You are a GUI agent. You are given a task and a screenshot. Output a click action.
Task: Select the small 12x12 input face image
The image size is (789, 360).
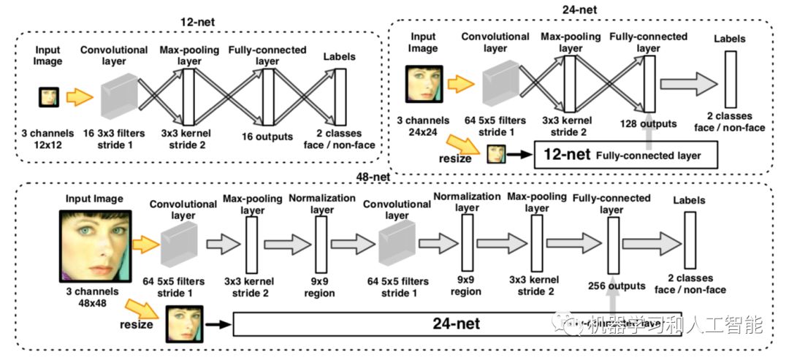(x=49, y=96)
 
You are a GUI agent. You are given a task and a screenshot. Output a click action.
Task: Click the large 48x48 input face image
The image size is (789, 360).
(x=95, y=246)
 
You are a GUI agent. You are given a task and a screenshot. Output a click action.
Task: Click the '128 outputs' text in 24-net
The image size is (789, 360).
(x=647, y=123)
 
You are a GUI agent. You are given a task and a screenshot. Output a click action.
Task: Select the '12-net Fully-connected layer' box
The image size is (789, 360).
(x=626, y=156)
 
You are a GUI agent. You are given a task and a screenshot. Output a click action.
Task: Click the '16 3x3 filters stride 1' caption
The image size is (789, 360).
(x=113, y=140)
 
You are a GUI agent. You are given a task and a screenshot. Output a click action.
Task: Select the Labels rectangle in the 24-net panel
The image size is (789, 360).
(x=728, y=82)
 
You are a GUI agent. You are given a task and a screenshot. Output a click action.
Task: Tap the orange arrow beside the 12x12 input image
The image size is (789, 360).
(x=80, y=96)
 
